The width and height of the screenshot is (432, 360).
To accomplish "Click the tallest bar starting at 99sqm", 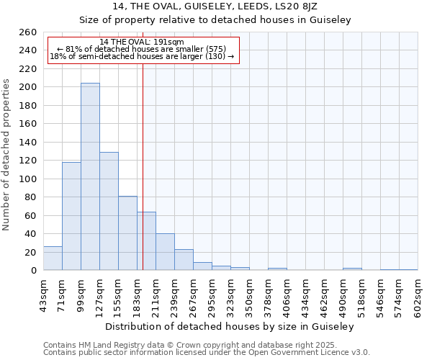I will coord(90,176).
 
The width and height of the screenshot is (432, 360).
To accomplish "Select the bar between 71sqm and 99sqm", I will coord(71,216).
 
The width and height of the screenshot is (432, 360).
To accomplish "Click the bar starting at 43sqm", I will coord(53,258).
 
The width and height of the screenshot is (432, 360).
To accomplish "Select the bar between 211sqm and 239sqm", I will coord(165,252).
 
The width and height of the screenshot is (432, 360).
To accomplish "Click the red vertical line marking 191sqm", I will coord(143,144).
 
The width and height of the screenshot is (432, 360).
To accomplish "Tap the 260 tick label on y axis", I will coord(28,32).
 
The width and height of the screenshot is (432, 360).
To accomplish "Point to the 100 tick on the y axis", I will coord(28,179).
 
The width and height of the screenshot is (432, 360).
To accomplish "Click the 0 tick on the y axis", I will coord(33,270).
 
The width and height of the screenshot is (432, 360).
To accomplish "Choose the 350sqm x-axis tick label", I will coord(250,295).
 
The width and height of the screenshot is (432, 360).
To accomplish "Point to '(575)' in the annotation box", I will coord(216,49).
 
